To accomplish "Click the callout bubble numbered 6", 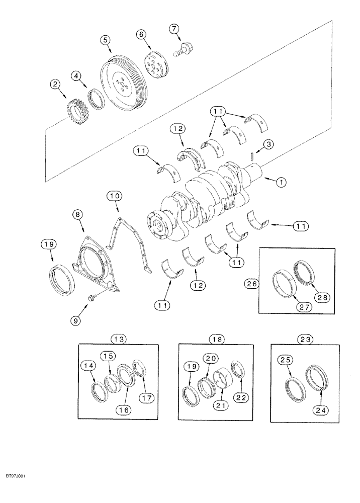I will [140, 34].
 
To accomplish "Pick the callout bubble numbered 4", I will [75, 77].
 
